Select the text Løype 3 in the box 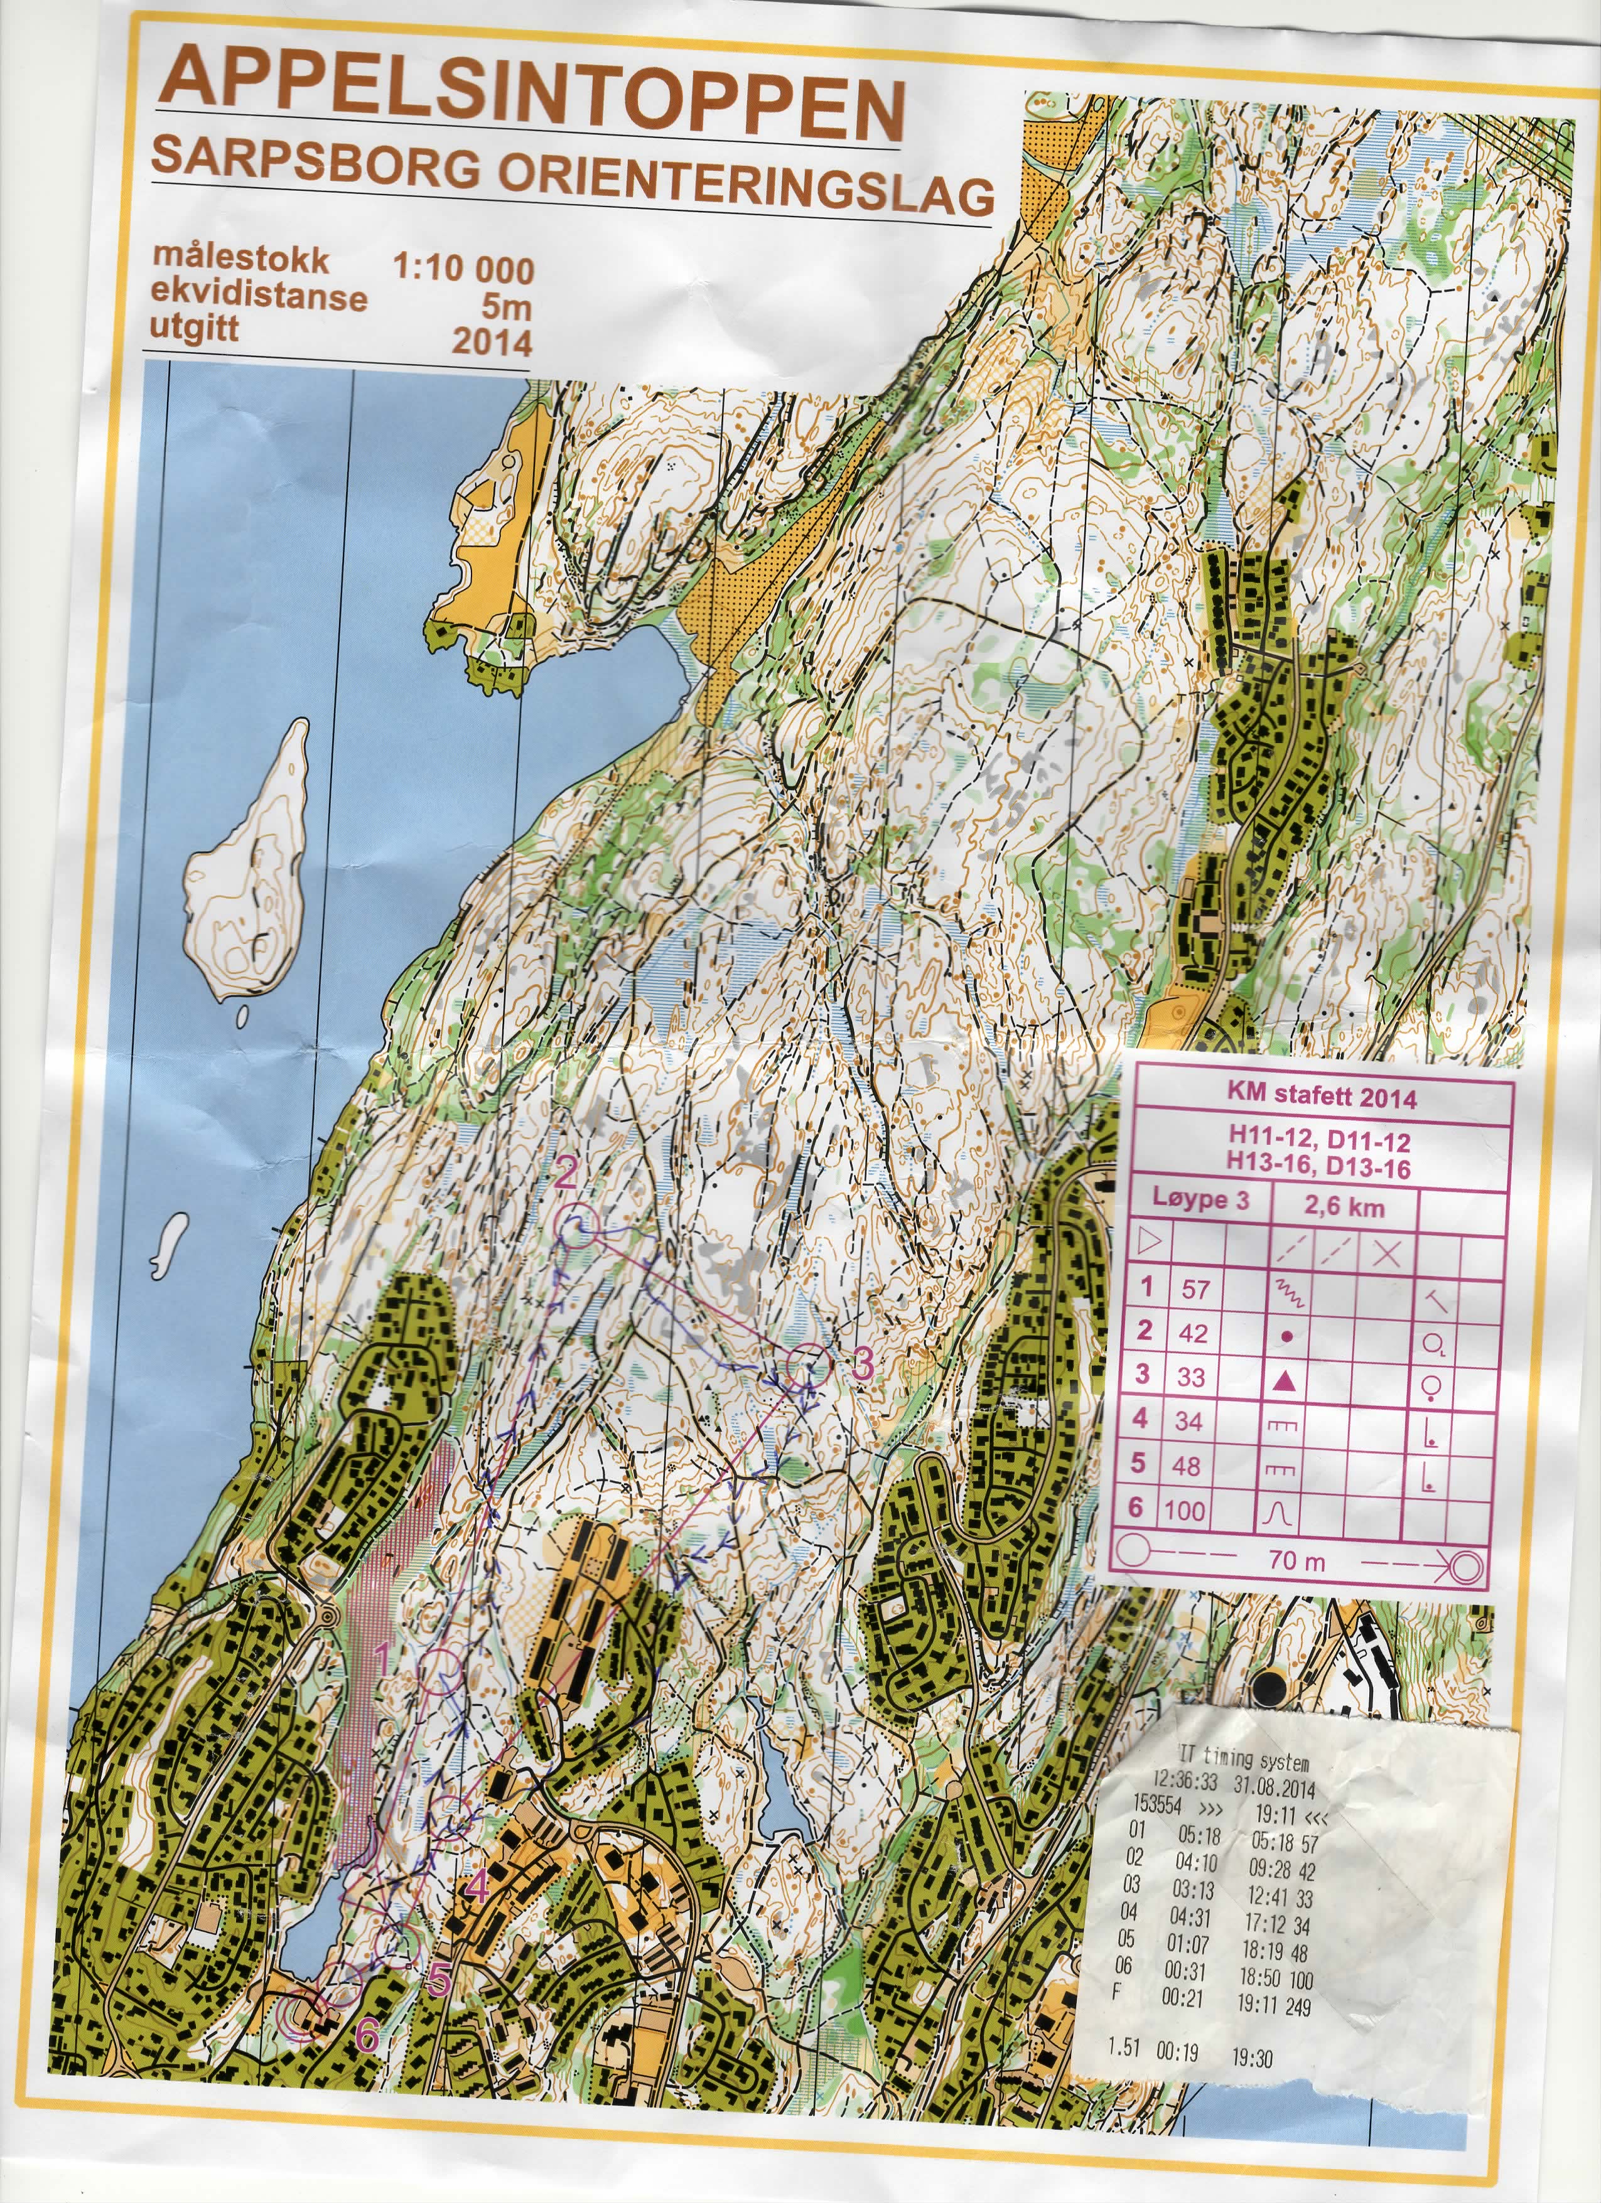pos(1200,1199)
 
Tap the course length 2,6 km pos(1344,1208)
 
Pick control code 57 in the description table pos(1195,1289)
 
